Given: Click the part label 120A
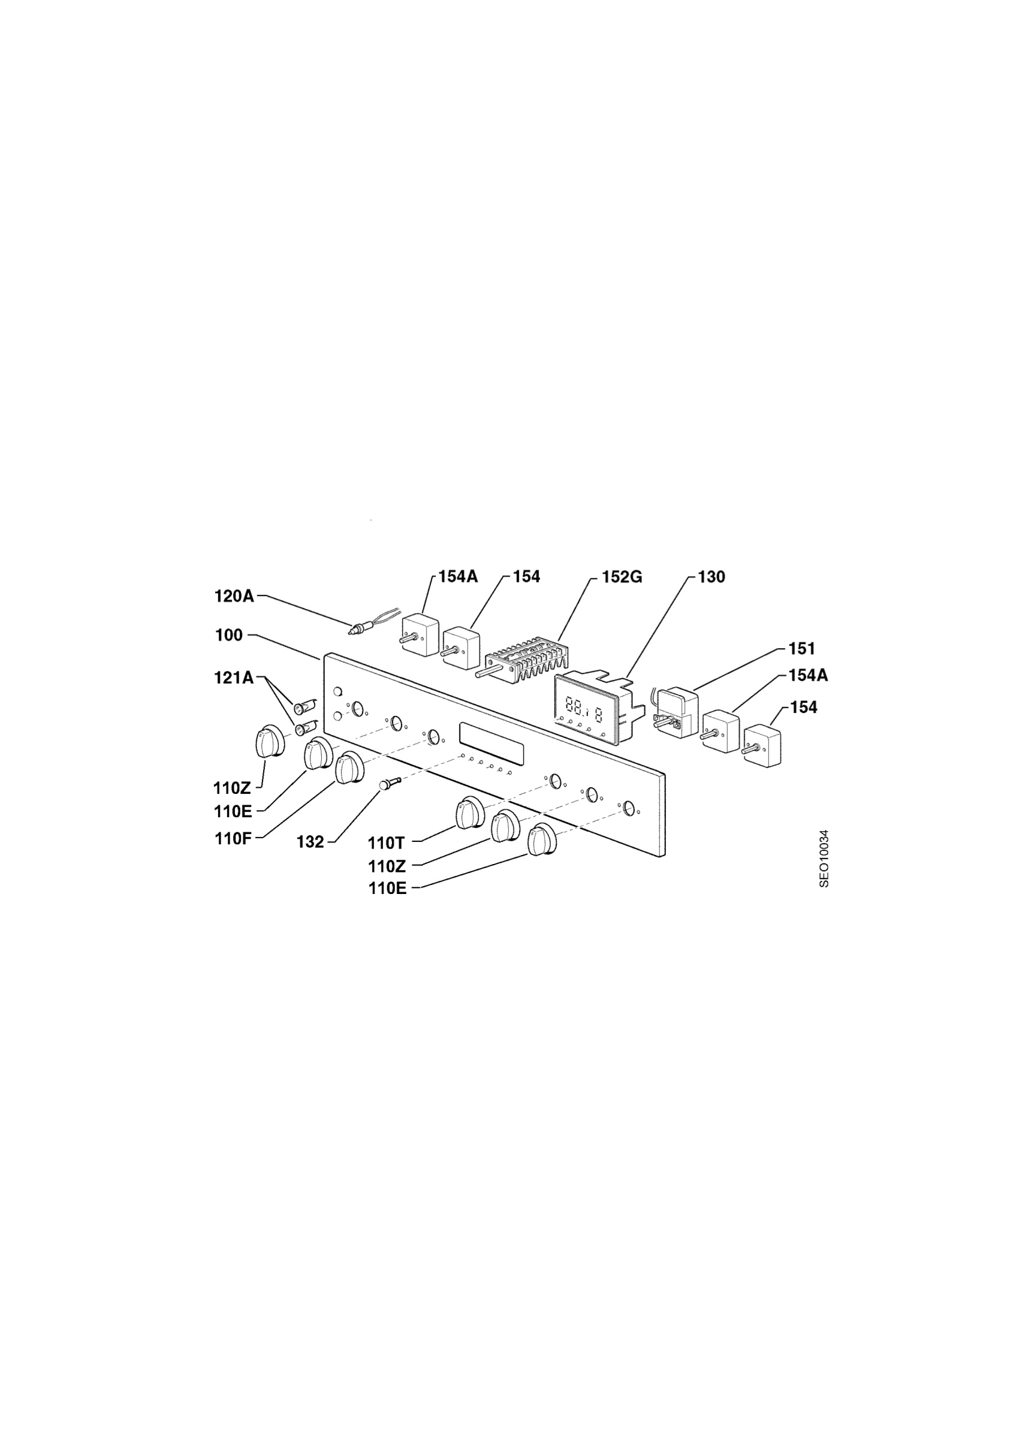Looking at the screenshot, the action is click(x=234, y=596).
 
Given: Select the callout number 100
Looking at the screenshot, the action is click(x=228, y=636).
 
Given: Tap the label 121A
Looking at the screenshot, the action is click(x=234, y=678).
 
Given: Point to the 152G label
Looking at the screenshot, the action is click(x=622, y=577).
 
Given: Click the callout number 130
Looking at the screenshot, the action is click(x=711, y=577).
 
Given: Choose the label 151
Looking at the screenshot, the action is click(x=802, y=648).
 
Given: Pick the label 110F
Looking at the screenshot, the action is click(x=233, y=839).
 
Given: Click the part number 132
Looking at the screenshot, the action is click(x=310, y=842).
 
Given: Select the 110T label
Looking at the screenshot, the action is click(x=387, y=842).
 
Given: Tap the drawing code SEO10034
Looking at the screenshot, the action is click(x=824, y=859).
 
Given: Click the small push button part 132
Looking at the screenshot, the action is click(x=387, y=784).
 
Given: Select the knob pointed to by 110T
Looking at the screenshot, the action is click(x=471, y=813).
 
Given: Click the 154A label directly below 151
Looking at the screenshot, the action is click(x=808, y=676).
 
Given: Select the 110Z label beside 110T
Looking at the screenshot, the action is click(x=387, y=867).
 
